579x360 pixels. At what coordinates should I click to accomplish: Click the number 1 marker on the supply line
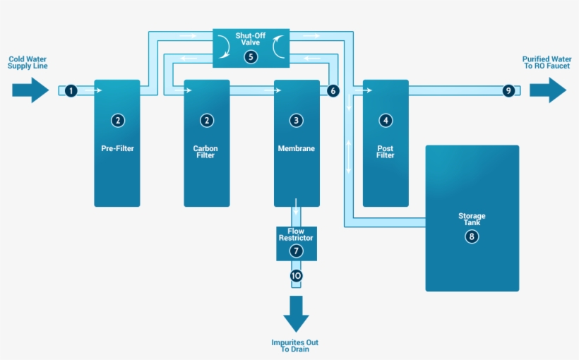pyautogui.click(x=71, y=90)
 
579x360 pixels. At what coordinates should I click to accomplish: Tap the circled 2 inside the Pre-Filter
pyautogui.click(x=117, y=121)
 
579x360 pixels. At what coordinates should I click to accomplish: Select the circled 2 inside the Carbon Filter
pyautogui.click(x=206, y=121)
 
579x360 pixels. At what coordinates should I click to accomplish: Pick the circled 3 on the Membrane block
pyautogui.click(x=296, y=121)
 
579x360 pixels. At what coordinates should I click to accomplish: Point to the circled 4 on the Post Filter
pyautogui.click(x=385, y=121)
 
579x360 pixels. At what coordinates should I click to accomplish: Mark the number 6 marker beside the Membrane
pyautogui.click(x=333, y=90)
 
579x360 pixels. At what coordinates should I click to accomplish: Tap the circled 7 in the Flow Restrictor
pyautogui.click(x=296, y=251)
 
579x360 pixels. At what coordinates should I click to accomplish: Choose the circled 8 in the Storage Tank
pyautogui.click(x=472, y=236)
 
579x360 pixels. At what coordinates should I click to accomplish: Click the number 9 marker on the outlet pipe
pyautogui.click(x=508, y=90)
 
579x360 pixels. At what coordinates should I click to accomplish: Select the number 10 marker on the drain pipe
pyautogui.click(x=296, y=275)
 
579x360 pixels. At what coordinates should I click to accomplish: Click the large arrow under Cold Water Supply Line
pyautogui.click(x=30, y=90)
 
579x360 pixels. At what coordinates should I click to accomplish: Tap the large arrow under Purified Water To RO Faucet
pyautogui.click(x=548, y=90)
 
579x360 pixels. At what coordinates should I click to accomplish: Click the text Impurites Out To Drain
pyautogui.click(x=295, y=346)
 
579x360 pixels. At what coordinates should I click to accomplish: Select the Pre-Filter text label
pyautogui.click(x=117, y=149)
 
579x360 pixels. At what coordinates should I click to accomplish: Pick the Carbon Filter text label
pyautogui.click(x=206, y=152)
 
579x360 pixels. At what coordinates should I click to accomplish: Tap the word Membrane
pyautogui.click(x=296, y=149)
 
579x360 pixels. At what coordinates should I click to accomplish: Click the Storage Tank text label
pyautogui.click(x=472, y=220)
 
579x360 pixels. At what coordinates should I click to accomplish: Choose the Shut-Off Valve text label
pyautogui.click(x=251, y=39)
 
